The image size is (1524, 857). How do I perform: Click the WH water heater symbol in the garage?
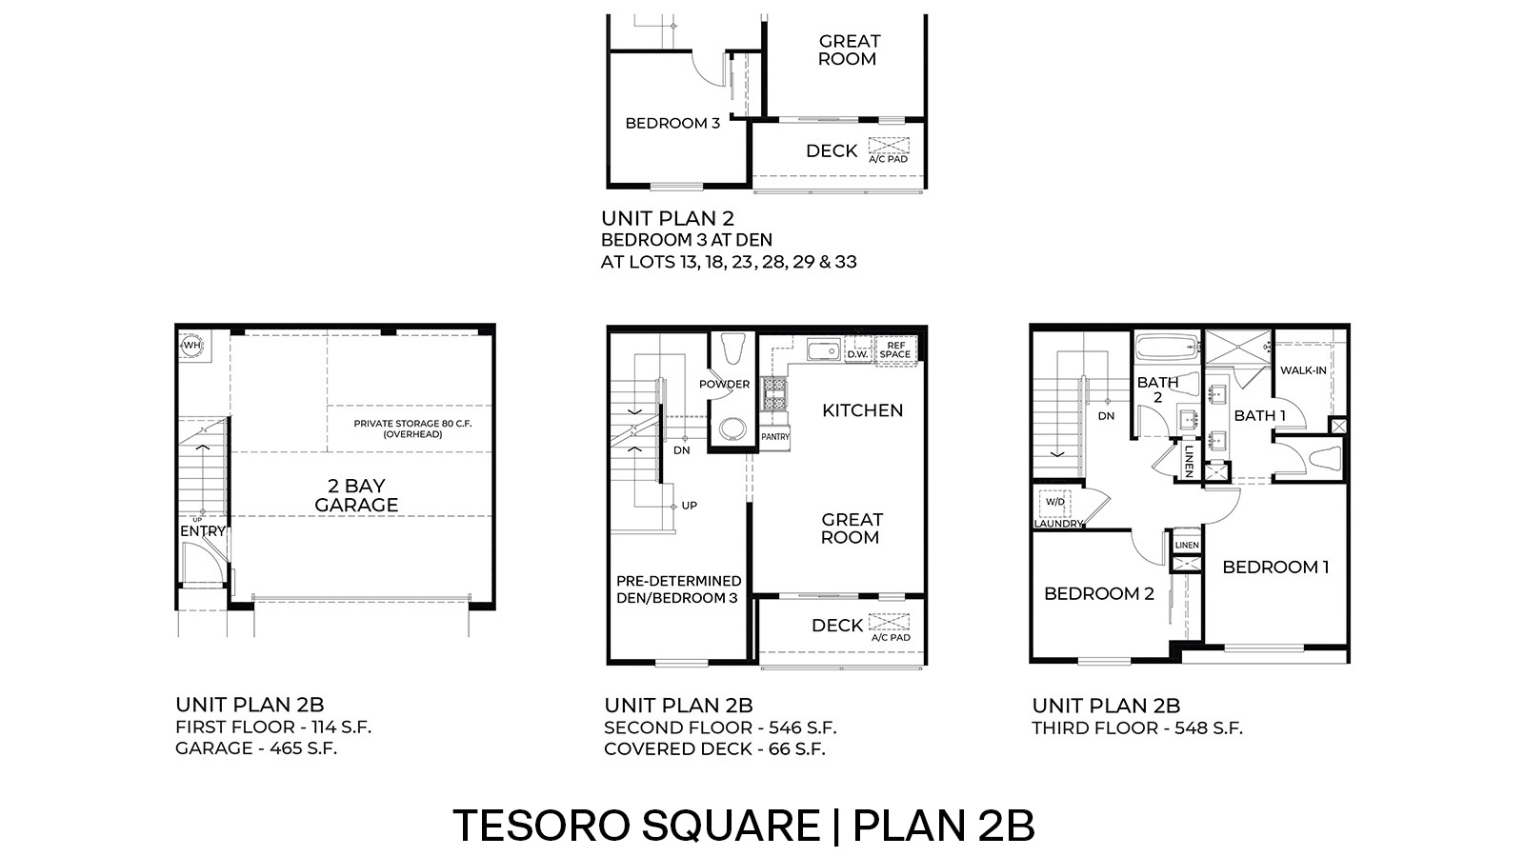(192, 346)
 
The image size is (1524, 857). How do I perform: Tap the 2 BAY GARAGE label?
(356, 495)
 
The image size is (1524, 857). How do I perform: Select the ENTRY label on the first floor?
(203, 530)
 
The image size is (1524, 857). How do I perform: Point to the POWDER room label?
(724, 384)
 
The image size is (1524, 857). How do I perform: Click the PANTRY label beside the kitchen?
(775, 436)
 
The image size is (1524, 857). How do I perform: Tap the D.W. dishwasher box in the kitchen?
(856, 353)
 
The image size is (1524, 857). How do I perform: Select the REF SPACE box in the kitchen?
(895, 349)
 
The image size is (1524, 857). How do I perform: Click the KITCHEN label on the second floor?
(862, 410)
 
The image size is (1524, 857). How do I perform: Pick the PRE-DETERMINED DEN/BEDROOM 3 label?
(678, 588)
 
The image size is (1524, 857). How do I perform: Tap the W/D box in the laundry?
(1054, 501)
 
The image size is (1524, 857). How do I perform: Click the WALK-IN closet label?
(1303, 369)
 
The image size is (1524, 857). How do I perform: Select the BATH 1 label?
(1259, 415)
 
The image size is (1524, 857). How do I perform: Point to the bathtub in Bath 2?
(1166, 348)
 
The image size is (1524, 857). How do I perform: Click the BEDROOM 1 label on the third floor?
(1275, 567)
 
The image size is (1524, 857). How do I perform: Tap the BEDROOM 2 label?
(1098, 593)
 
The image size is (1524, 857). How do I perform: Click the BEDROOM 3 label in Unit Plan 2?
(672, 123)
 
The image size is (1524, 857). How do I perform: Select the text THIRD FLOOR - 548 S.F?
(1137, 728)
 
